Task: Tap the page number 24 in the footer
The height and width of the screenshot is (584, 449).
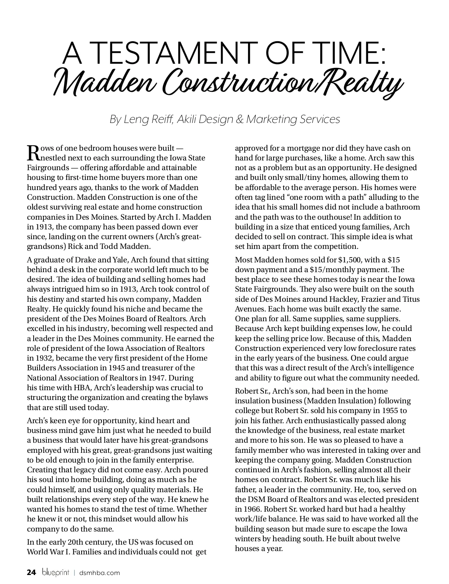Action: coord(31,572)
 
